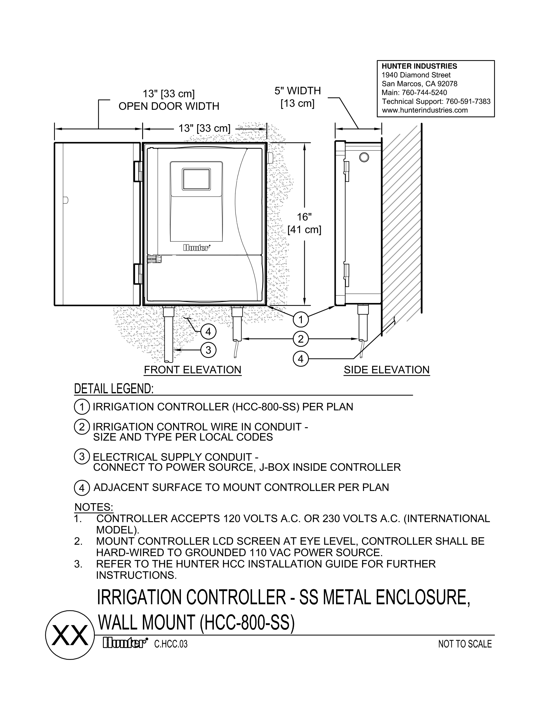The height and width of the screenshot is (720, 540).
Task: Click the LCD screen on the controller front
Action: tap(196, 179)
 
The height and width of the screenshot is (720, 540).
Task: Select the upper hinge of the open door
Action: tap(138, 171)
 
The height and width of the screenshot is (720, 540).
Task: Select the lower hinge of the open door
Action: tap(138, 274)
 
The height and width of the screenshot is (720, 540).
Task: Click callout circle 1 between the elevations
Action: tap(300, 319)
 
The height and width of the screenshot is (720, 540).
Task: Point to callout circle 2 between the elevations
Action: tap(300, 339)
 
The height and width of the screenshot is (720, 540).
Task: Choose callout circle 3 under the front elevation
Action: tap(208, 350)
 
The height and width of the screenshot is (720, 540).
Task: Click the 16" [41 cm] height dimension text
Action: tap(304, 223)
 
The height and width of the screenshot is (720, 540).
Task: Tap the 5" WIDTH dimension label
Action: tap(298, 91)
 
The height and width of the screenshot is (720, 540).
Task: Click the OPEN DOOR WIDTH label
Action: tap(169, 106)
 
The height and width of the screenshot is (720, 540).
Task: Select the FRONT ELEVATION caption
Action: tap(193, 370)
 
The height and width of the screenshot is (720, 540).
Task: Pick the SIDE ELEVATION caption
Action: tap(386, 370)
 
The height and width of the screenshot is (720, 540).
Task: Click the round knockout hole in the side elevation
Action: tap(364, 157)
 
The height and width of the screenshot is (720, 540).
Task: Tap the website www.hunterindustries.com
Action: tap(424, 110)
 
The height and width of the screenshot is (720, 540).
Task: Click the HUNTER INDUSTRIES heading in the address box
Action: tap(419, 66)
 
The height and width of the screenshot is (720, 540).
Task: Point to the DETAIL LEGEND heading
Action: tap(114, 389)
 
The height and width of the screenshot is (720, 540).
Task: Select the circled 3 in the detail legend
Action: tap(82, 457)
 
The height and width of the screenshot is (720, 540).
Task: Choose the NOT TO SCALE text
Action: tap(465, 644)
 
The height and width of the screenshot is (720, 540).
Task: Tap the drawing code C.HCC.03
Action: tap(171, 644)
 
